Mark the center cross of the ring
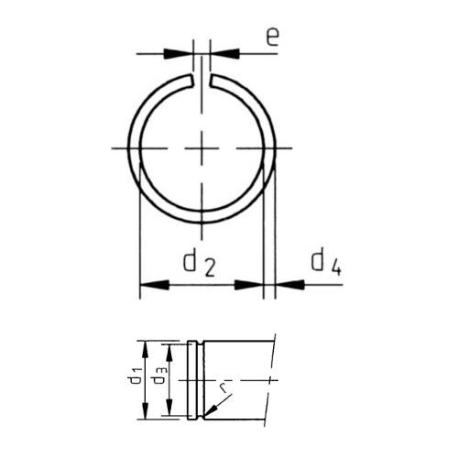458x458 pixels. coord(202,147)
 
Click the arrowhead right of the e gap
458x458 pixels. coord(220,53)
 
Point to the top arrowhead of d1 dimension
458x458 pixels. coord(144,345)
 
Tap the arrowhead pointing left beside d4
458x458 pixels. coord(284,286)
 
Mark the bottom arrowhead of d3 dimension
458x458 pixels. coord(169,409)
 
